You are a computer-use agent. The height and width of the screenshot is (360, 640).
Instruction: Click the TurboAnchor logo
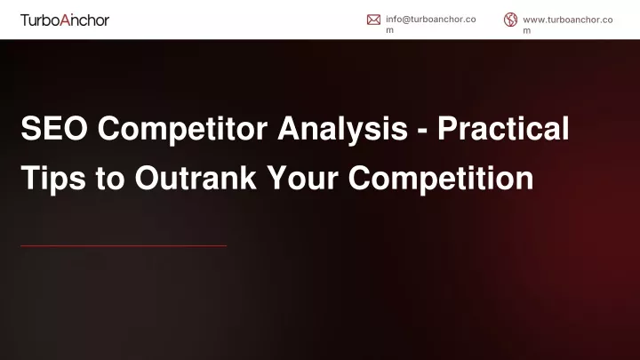click(x=65, y=20)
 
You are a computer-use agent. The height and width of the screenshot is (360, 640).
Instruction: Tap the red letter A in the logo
click(x=65, y=20)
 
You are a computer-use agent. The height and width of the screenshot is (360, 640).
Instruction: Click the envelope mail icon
click(x=373, y=20)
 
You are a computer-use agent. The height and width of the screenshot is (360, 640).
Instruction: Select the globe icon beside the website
click(x=510, y=20)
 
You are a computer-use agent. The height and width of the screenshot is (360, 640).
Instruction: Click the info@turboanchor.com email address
click(x=430, y=25)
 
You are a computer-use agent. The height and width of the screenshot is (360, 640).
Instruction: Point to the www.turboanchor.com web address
click(x=568, y=25)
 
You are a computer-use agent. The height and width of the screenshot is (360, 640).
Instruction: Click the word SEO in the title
click(x=54, y=128)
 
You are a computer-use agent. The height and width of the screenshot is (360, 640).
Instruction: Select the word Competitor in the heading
click(x=182, y=128)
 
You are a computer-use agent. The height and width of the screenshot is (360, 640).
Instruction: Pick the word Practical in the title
click(x=503, y=128)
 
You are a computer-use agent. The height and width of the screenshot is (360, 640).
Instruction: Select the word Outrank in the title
click(x=196, y=178)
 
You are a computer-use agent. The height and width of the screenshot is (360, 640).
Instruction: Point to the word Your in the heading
click(x=302, y=178)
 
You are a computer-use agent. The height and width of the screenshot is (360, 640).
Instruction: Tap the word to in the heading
click(x=110, y=179)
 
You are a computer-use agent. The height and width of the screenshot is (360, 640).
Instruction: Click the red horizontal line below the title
click(x=124, y=245)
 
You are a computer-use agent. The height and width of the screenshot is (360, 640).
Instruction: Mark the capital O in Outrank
click(x=148, y=178)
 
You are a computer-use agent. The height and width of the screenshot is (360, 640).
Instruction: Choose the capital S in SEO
click(x=32, y=128)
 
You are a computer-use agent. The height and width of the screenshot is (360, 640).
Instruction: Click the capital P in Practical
click(x=448, y=128)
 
